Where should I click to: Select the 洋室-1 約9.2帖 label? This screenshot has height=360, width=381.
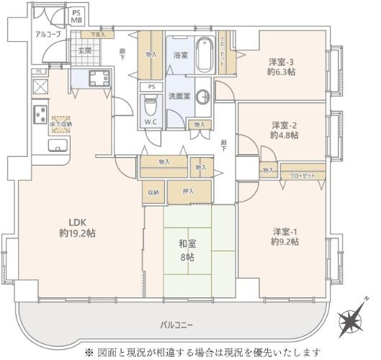click(285, 236)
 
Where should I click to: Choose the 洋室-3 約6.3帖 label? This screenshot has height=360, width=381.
click(283, 66)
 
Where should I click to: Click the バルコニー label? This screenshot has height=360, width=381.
click(176, 325)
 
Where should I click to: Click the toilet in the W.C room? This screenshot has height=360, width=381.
click(150, 107)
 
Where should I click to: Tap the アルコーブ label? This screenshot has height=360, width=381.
click(48, 34)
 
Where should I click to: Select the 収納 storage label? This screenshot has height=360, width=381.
click(153, 192)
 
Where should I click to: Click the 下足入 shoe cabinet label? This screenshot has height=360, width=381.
click(97, 35)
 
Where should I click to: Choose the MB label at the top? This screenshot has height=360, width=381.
click(76, 20)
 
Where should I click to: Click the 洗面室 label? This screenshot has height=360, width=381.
click(179, 95)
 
